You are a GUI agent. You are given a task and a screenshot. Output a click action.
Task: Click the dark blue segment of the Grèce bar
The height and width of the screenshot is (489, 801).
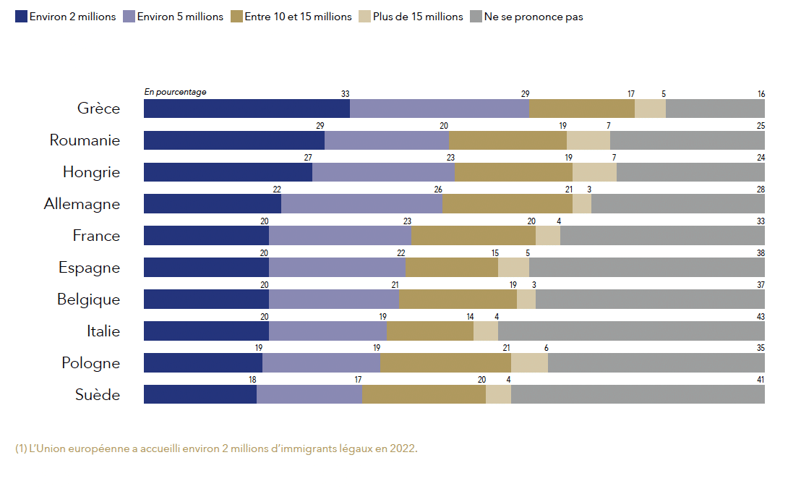(x=247, y=109)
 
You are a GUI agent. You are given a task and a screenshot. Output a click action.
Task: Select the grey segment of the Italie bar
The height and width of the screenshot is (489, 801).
(x=631, y=331)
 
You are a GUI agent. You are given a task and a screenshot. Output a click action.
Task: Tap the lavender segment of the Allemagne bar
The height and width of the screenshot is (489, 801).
(x=361, y=204)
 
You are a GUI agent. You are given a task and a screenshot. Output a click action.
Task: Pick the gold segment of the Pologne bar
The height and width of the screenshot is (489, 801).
(x=445, y=363)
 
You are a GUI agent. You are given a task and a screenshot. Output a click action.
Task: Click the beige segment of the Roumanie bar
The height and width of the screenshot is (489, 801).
(x=588, y=140)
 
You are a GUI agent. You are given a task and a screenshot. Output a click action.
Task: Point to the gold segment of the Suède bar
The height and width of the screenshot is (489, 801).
(x=424, y=394)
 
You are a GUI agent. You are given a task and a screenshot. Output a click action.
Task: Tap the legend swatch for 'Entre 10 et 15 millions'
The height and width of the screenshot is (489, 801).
(x=237, y=17)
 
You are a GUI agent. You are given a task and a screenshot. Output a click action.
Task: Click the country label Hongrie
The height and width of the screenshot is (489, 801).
(x=91, y=172)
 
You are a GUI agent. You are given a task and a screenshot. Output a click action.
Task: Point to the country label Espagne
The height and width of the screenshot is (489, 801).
(x=89, y=268)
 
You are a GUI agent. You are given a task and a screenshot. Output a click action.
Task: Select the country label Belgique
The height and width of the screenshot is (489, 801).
(x=88, y=299)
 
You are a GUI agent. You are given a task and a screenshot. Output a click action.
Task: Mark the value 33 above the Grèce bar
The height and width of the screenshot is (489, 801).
(x=345, y=94)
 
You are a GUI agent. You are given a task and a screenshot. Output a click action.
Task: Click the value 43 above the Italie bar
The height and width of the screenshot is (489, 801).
(x=761, y=317)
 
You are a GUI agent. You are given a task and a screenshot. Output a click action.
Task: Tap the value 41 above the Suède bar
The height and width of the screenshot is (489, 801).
(x=761, y=380)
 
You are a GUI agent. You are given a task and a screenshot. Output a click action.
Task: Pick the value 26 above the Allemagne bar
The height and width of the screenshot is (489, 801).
(x=438, y=190)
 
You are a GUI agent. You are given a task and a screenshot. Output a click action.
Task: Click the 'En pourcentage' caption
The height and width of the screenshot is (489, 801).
(x=175, y=92)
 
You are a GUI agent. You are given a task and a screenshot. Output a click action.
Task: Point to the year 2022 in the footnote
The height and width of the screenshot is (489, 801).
(x=402, y=448)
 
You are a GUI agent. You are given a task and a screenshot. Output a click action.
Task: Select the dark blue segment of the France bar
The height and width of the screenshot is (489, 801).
(x=206, y=236)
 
